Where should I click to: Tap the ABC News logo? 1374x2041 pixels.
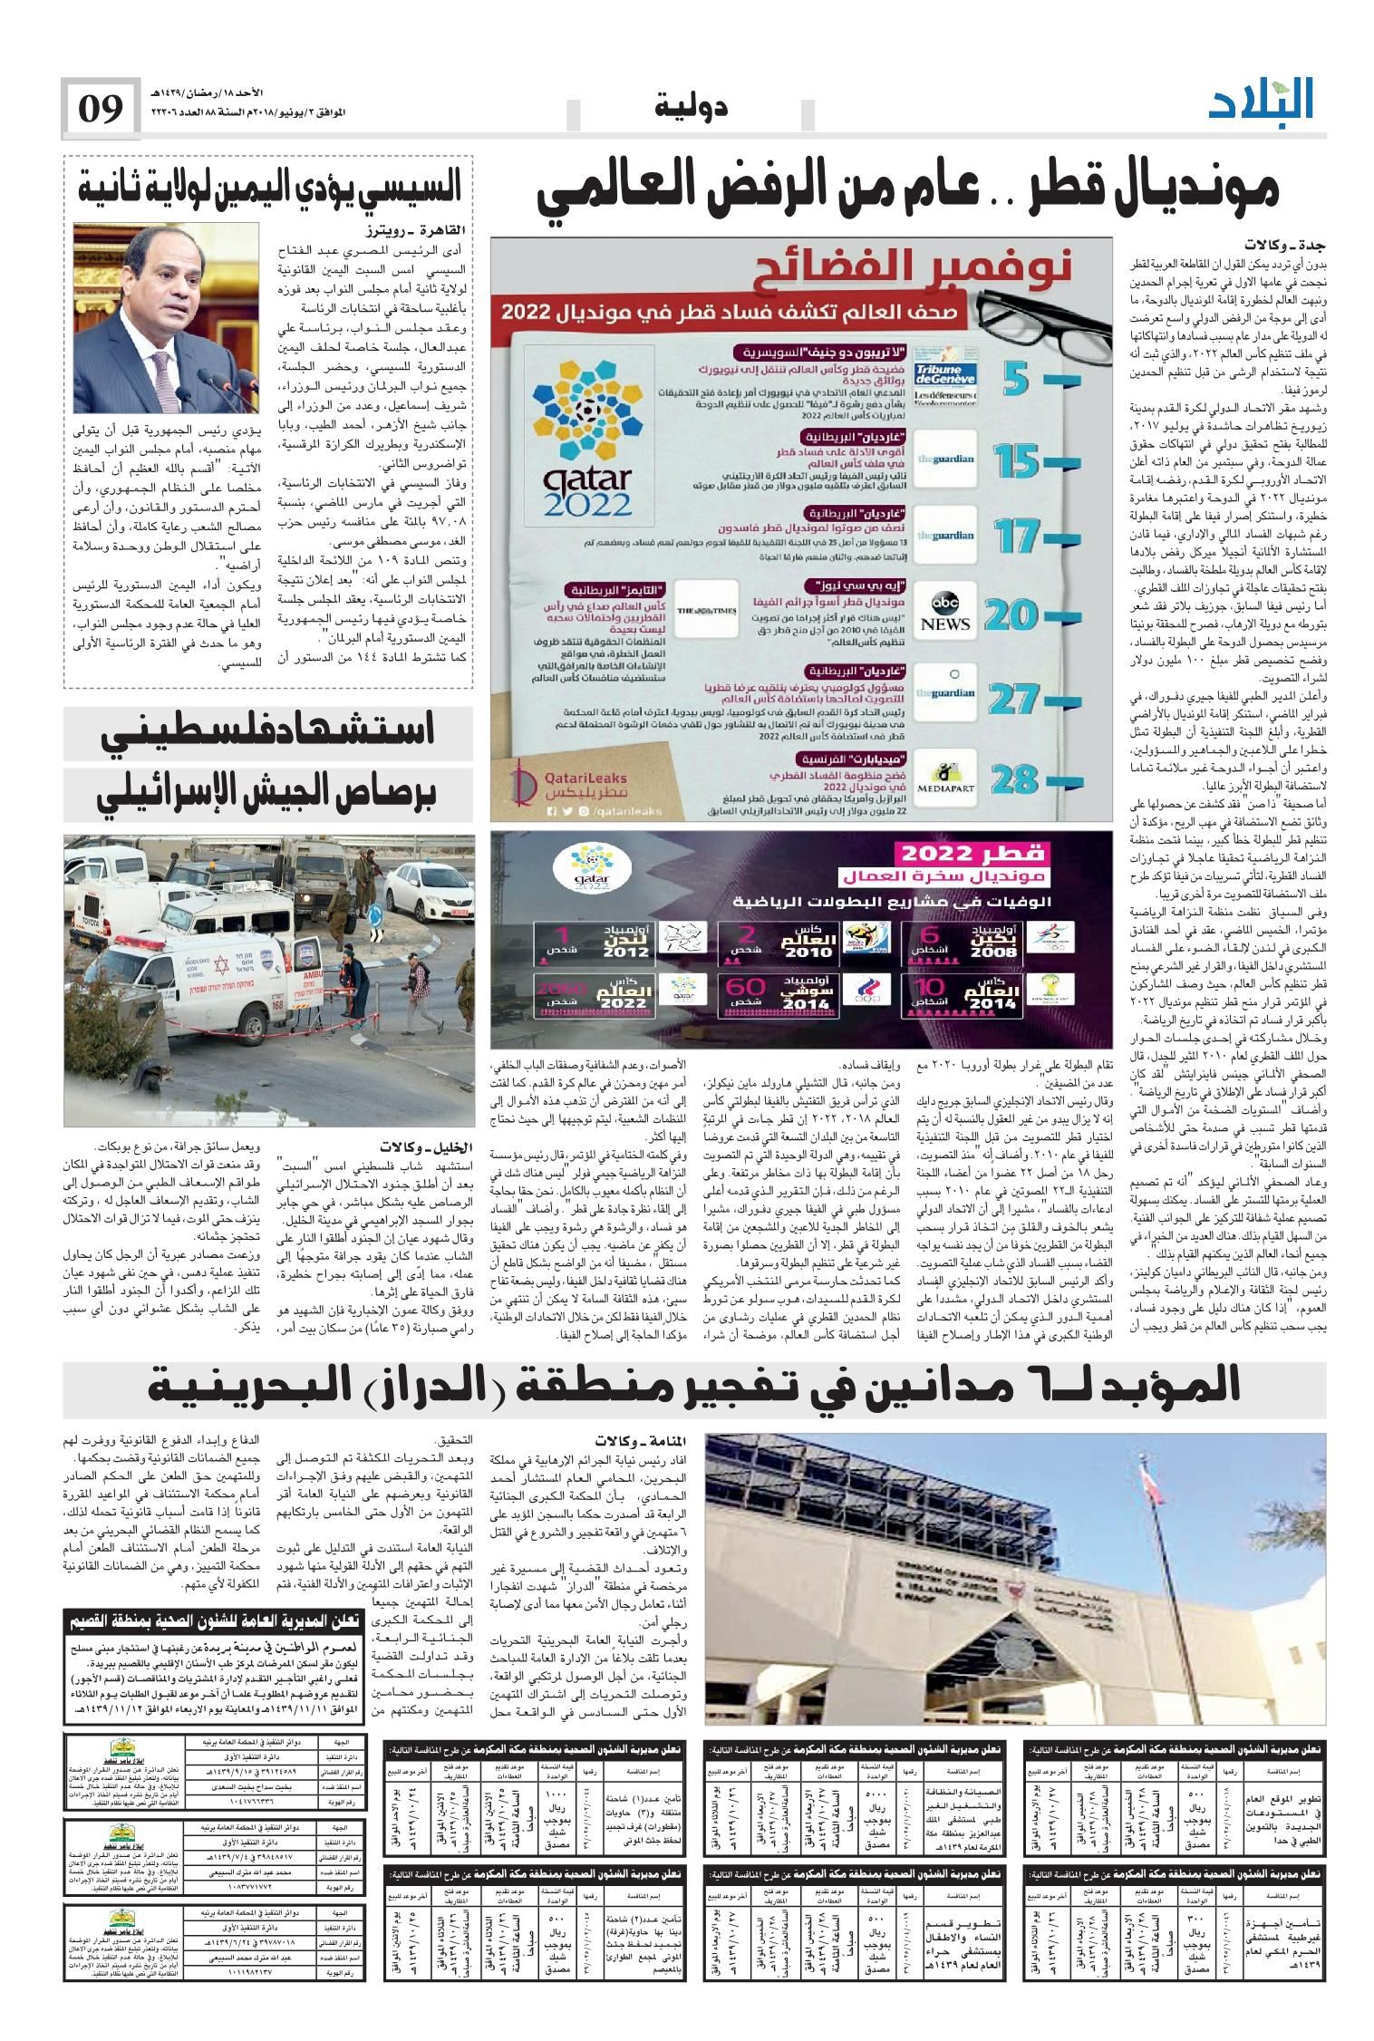[945, 613]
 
